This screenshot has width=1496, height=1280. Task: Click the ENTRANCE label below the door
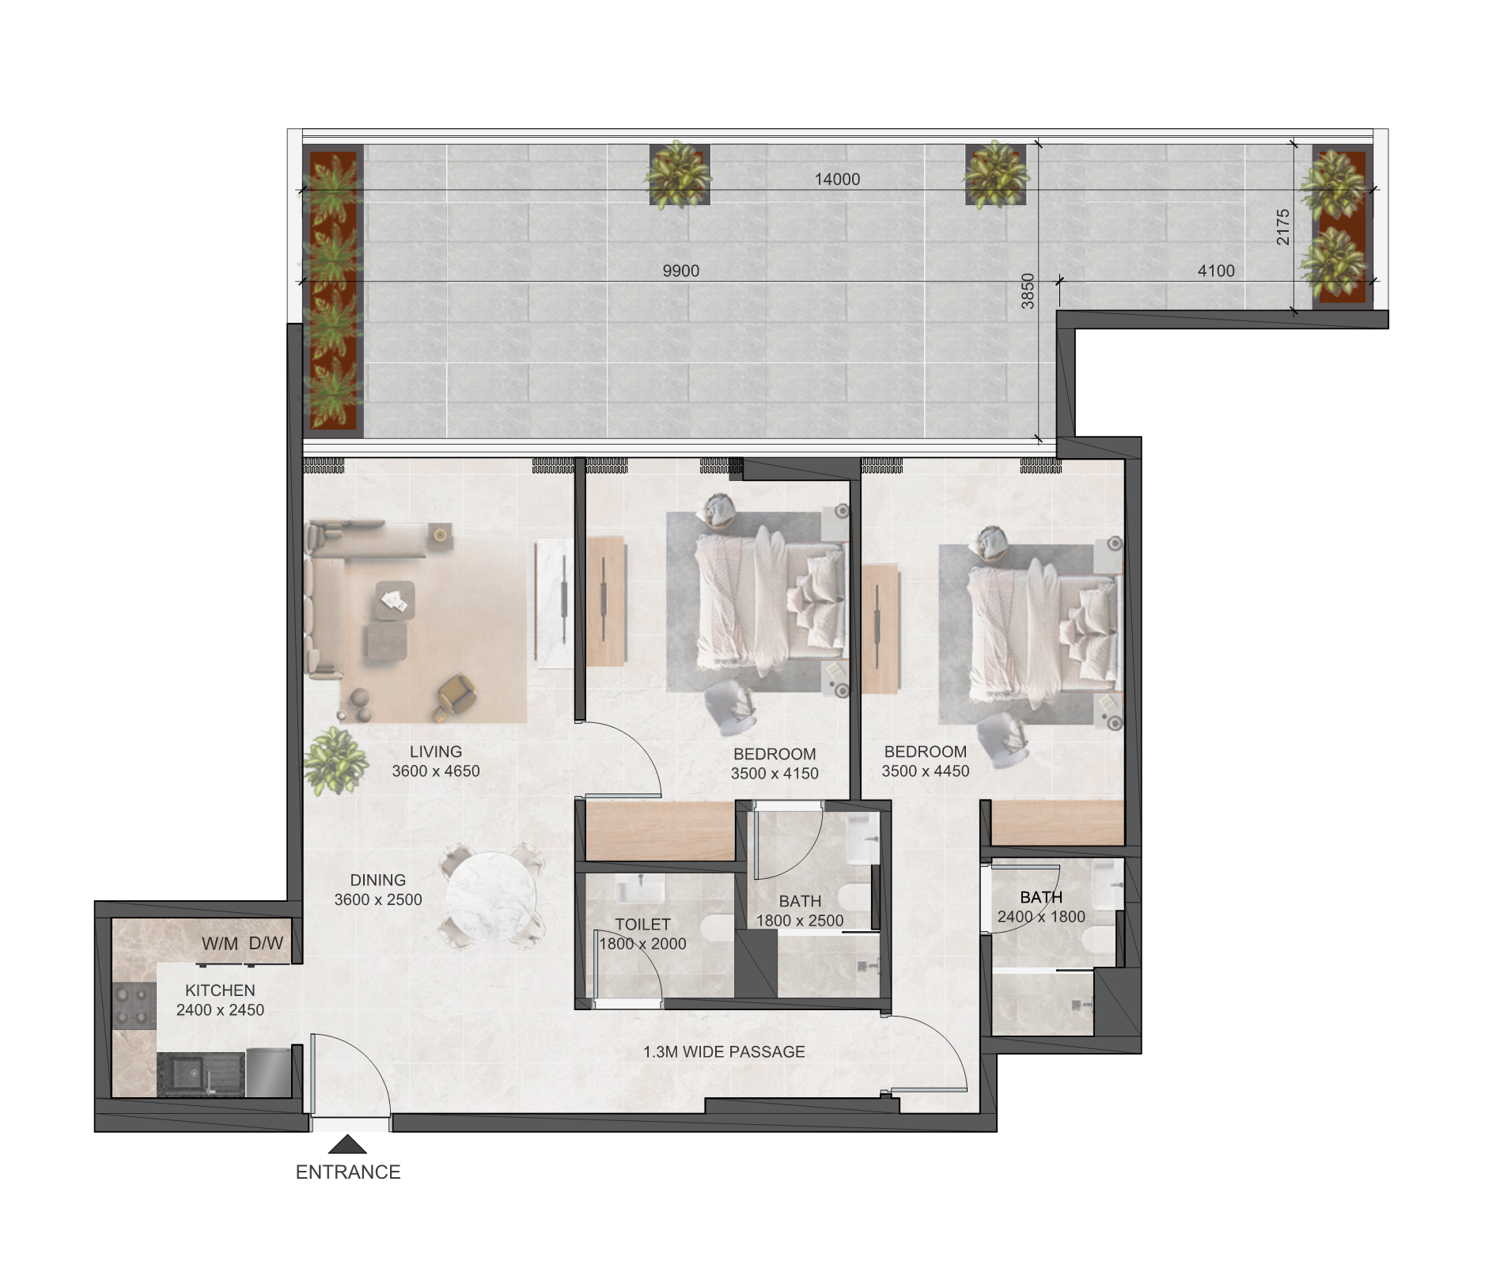click(348, 1172)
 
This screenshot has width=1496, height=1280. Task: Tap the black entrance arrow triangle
click(347, 1144)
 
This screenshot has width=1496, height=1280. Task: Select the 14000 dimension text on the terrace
click(837, 180)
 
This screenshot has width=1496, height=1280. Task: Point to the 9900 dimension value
click(680, 271)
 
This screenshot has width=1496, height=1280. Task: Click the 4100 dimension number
click(1216, 271)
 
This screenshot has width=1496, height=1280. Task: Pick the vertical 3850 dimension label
click(1028, 291)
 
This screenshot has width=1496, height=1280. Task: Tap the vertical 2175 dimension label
click(1283, 227)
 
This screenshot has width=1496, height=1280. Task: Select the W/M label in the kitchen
click(220, 944)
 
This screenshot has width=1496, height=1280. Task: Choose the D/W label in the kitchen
click(266, 944)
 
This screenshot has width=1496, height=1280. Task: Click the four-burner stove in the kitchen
click(134, 1005)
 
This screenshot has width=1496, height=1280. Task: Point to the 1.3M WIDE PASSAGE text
click(724, 1052)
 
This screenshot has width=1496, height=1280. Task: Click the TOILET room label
click(642, 925)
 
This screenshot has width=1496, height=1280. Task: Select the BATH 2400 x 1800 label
click(1041, 907)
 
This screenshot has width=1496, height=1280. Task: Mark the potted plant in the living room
click(336, 761)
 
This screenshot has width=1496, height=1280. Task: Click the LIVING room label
click(436, 752)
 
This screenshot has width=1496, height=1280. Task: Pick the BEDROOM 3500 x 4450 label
click(926, 762)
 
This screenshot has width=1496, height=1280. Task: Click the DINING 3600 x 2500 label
click(378, 890)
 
